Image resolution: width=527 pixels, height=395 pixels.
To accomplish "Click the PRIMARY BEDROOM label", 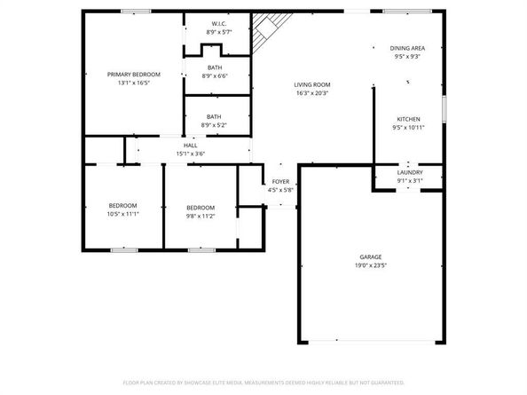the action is (134, 75).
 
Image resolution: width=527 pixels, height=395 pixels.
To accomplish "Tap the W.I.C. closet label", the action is (219, 24).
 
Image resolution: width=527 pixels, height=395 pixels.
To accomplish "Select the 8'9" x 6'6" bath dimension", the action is (215, 76).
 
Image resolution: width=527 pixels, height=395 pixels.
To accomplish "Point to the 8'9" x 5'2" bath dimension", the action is (214, 125).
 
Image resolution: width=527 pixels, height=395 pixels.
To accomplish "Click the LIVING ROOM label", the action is (312, 84).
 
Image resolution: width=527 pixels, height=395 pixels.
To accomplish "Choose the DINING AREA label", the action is (407, 48).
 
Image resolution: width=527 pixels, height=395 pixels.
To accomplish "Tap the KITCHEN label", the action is (408, 119).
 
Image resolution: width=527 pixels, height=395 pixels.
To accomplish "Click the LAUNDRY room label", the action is (410, 172).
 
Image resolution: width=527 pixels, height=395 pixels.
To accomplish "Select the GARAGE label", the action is (371, 257).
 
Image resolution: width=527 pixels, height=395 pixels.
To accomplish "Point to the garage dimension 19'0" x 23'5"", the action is (371, 265).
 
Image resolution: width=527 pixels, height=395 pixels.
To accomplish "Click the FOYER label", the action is (280, 182).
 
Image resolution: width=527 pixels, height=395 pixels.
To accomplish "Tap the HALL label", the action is (191, 146).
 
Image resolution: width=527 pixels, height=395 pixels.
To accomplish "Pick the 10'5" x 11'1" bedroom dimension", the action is (123, 214).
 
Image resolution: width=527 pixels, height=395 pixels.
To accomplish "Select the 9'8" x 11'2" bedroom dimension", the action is (201, 216).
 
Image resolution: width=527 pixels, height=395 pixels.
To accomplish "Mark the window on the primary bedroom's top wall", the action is (136, 12).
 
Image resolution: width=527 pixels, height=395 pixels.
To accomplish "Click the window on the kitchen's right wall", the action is (444, 108).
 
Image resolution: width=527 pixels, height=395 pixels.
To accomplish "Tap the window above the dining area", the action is (407, 12).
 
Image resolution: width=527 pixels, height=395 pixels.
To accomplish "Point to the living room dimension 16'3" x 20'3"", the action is (312, 93).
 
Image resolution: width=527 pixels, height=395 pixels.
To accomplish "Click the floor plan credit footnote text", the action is (263, 383).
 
